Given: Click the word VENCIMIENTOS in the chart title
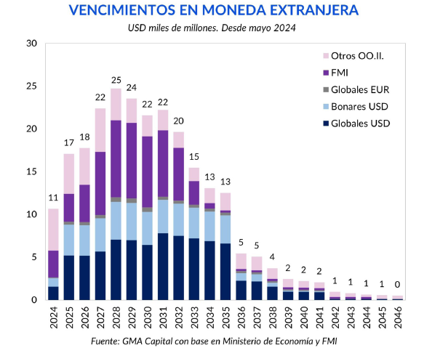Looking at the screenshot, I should click(x=126, y=11).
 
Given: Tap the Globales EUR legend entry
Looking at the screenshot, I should click(x=360, y=89).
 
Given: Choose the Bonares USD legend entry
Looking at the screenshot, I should click(x=358, y=106).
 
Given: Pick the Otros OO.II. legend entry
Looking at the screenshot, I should click(x=359, y=56).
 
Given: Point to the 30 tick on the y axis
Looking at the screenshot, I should click(x=31, y=44).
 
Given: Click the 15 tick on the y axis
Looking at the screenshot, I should click(x=31, y=171).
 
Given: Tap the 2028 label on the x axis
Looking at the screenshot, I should click(x=116, y=318).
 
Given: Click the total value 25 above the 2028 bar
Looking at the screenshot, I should click(x=116, y=79).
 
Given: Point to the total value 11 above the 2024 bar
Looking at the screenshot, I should click(x=53, y=198).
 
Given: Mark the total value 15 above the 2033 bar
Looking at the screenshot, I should click(x=194, y=158).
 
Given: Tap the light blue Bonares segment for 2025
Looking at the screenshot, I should click(x=69, y=240).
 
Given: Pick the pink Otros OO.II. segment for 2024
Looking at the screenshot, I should click(x=53, y=230).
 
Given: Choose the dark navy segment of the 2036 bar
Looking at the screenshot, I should click(x=241, y=290).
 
